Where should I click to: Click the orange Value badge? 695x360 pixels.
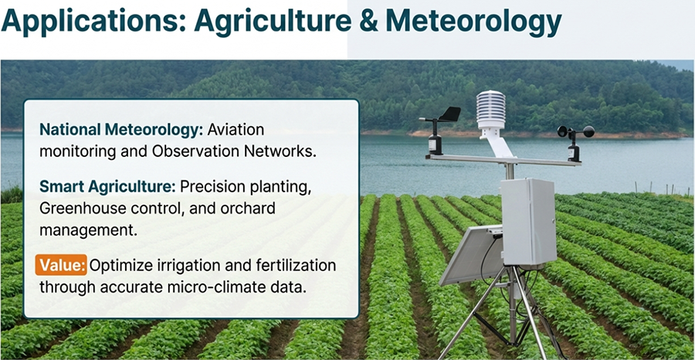pyautogui.click(x=61, y=266)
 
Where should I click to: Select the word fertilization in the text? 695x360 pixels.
pyautogui.click(x=294, y=266)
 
